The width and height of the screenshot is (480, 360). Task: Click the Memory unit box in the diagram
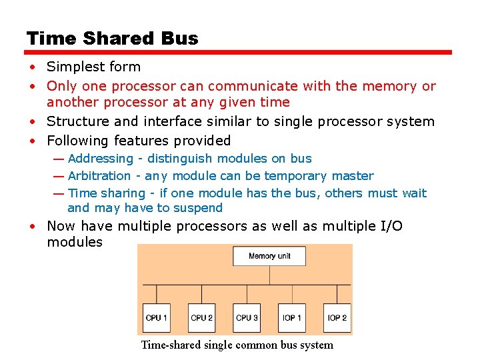(x=269, y=256)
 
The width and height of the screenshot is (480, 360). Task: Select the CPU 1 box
(x=157, y=317)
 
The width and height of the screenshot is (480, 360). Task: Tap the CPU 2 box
(x=201, y=317)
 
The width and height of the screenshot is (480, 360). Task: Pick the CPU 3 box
(x=247, y=317)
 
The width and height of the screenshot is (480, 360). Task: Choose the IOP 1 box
(x=292, y=317)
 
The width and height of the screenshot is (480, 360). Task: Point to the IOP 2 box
(x=337, y=317)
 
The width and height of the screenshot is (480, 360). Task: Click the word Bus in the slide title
(x=179, y=39)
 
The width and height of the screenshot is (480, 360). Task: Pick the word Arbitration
(x=99, y=176)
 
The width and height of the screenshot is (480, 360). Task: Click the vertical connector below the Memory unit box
(x=269, y=275)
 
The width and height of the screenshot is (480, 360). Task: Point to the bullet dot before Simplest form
(x=31, y=67)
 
